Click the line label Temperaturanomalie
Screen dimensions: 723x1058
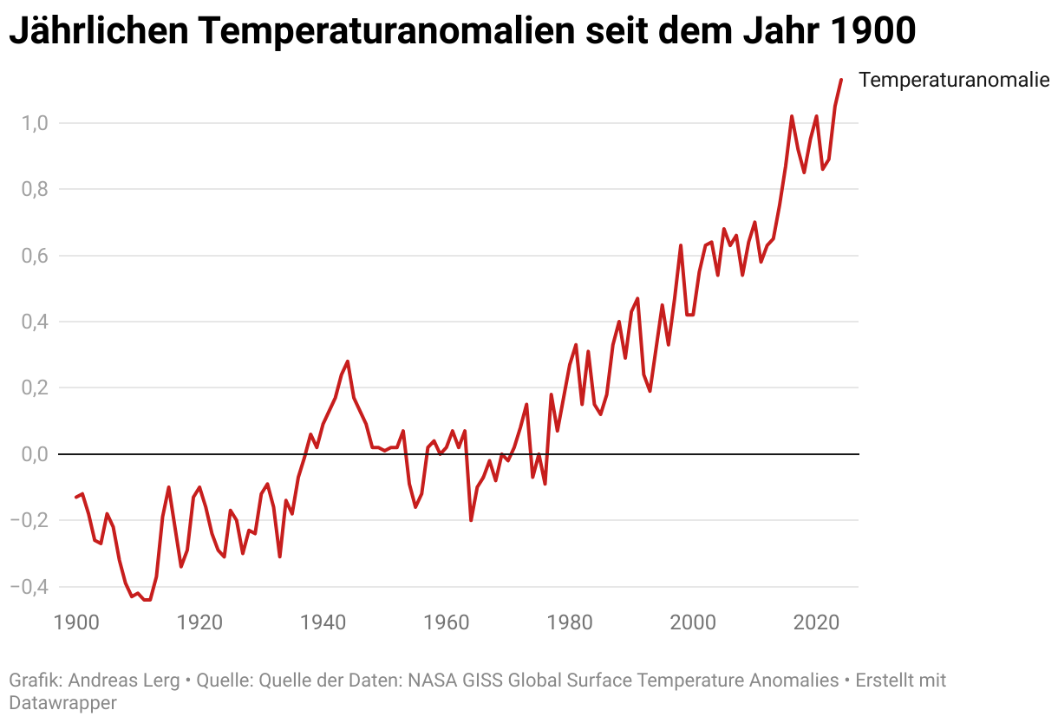pyautogui.click(x=954, y=81)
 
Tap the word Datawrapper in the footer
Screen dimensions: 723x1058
pyautogui.click(x=62, y=702)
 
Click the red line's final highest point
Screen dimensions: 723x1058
pyautogui.click(x=840, y=80)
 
